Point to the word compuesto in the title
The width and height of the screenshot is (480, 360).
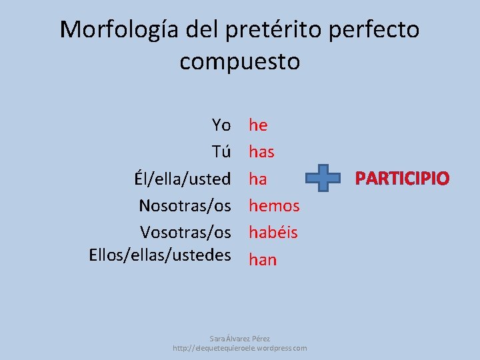pyautogui.click(x=240, y=61)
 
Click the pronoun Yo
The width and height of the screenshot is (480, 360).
pyautogui.click(x=221, y=125)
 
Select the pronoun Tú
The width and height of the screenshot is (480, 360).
pyautogui.click(x=221, y=151)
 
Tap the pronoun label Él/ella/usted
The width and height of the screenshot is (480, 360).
pyautogui.click(x=182, y=179)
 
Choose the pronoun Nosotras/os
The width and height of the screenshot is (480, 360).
pyautogui.click(x=185, y=205)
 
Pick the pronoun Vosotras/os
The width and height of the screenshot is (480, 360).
pyautogui.click(x=185, y=232)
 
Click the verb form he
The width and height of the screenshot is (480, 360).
pyautogui.click(x=258, y=125)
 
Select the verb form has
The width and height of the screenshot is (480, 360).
pyautogui.click(x=261, y=152)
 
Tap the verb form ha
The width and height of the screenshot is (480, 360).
pyautogui.click(x=258, y=179)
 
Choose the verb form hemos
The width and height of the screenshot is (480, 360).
pyautogui.click(x=274, y=206)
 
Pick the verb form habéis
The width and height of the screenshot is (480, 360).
pyautogui.click(x=273, y=233)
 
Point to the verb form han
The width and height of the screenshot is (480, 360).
pyautogui.click(x=262, y=259)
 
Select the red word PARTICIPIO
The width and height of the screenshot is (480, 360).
pyautogui.click(x=402, y=179)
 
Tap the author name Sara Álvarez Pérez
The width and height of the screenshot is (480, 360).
pyautogui.click(x=239, y=339)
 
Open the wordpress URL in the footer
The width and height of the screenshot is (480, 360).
pyautogui.click(x=239, y=348)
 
